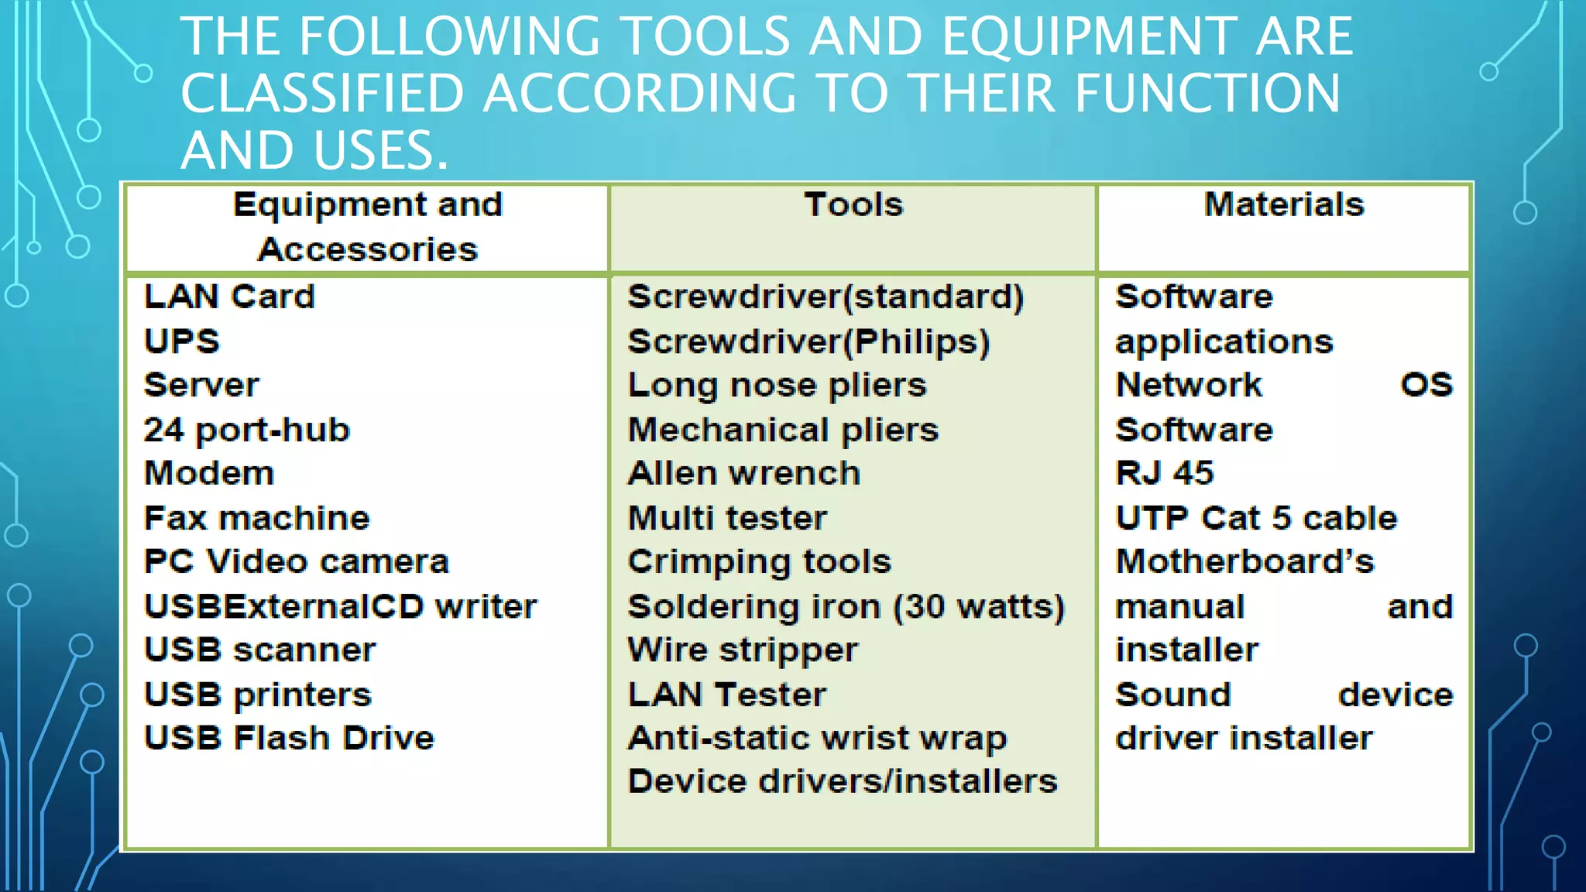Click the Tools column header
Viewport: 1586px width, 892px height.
pos(853,205)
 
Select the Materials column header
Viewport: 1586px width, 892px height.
pos(1283,205)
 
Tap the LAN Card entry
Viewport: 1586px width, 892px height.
pos(229,297)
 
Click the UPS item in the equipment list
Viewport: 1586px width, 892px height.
pos(182,341)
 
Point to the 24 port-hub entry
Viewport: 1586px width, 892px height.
pos(247,430)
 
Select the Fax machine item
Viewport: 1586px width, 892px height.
pos(257,518)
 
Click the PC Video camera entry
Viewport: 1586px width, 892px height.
pos(297,562)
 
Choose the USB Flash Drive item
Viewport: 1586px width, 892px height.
pos(289,738)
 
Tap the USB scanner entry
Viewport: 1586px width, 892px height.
pos(260,650)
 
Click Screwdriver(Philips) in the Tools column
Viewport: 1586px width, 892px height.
pos(808,341)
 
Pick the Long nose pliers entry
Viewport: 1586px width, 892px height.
pos(777,386)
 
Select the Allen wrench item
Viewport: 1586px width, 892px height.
pos(743,474)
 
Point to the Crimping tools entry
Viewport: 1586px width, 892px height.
pos(759,562)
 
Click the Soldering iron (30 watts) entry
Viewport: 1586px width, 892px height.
pos(846,606)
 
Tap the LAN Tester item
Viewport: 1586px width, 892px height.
pos(726,695)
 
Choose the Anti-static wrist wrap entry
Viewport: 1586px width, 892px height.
pos(817,738)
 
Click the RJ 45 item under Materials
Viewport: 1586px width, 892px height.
pos(1164,474)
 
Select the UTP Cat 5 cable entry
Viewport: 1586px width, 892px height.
pos(1255,518)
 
